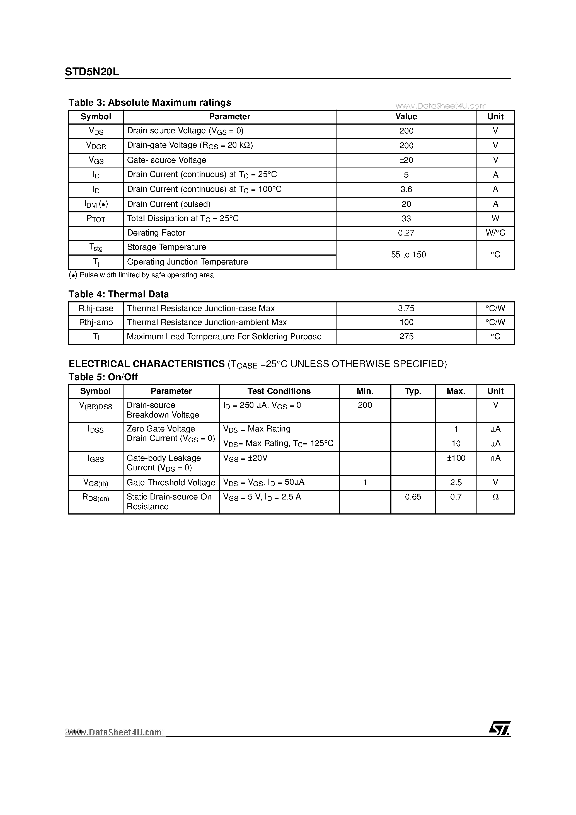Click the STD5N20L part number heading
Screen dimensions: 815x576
[92, 72]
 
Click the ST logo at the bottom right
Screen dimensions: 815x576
[499, 728]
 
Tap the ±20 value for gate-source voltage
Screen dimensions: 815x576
[406, 160]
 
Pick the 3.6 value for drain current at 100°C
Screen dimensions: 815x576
[406, 190]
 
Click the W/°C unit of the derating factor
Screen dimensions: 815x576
[495, 233]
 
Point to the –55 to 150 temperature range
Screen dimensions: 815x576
[406, 254]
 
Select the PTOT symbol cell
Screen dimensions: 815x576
[96, 219]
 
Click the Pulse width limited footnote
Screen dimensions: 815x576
[141, 275]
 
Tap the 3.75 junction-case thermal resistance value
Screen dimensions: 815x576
[406, 309]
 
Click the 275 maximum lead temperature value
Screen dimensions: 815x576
[406, 336]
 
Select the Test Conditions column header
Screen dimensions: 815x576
[279, 391]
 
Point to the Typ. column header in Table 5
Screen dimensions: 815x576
[413, 391]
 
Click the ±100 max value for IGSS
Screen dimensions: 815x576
[456, 458]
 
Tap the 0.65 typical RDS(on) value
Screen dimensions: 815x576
[413, 497]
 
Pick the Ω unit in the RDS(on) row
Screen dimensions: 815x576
[495, 497]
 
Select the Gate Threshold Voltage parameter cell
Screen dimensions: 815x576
[171, 482]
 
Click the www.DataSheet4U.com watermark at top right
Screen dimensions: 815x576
[440, 106]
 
